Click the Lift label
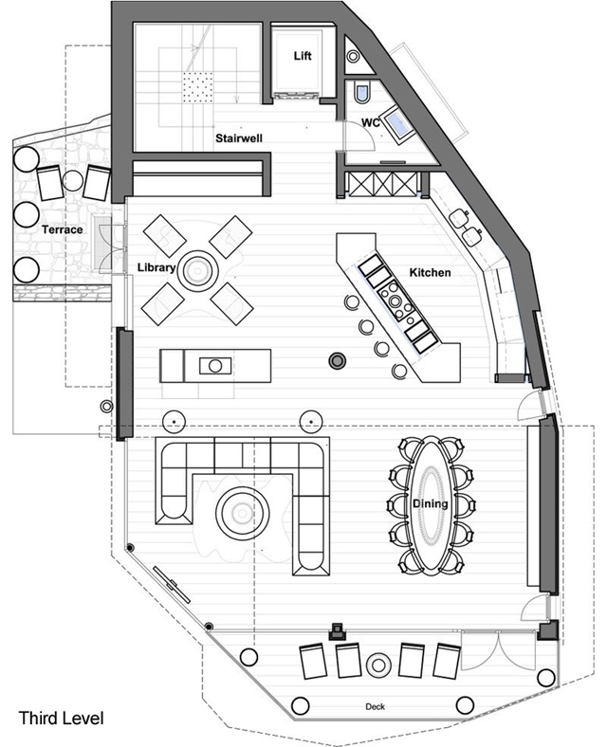303,56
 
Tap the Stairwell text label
239,138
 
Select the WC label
371,122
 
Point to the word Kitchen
430,272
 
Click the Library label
156,267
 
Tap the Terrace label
62,229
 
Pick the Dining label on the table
430,503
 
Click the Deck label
375,706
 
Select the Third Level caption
61,718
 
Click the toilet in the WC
361,92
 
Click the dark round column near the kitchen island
338,360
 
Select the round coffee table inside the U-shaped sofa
242,513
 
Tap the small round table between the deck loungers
378,665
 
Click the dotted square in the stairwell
197,86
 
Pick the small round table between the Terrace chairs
73,180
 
